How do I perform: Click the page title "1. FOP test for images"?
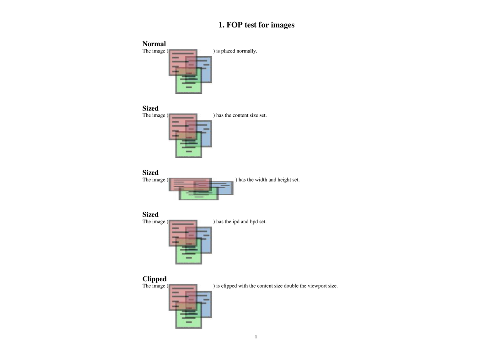(256, 25)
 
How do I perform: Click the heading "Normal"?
(154, 44)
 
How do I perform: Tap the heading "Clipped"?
(155, 279)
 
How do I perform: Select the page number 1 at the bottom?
(256, 337)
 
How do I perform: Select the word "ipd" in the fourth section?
(236, 222)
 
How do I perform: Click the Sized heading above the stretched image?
(150, 173)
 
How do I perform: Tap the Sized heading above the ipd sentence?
(150, 215)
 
